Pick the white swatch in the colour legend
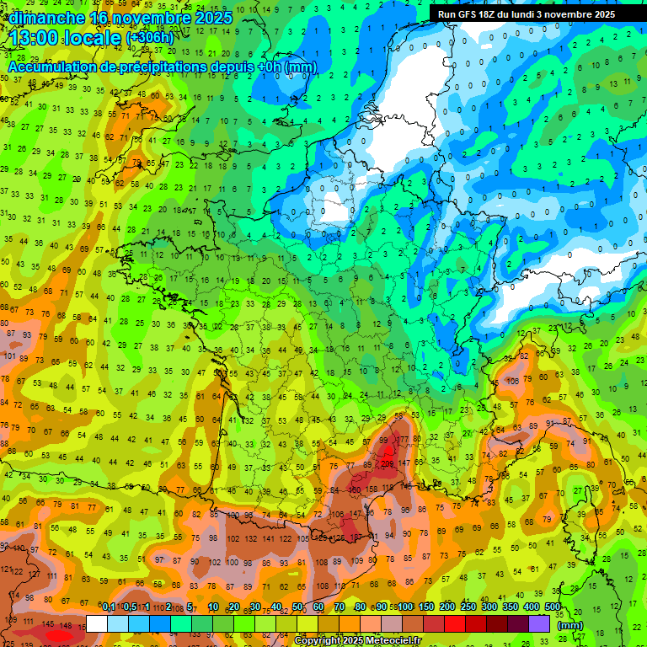click(97, 623)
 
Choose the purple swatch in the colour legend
click(539, 623)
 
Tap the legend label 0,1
click(108, 607)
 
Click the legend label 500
click(553, 607)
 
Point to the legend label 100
click(405, 607)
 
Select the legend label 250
click(468, 607)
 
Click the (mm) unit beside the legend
click(570, 625)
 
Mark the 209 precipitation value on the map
click(386, 463)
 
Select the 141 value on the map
click(269, 537)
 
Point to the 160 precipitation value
click(355, 489)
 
